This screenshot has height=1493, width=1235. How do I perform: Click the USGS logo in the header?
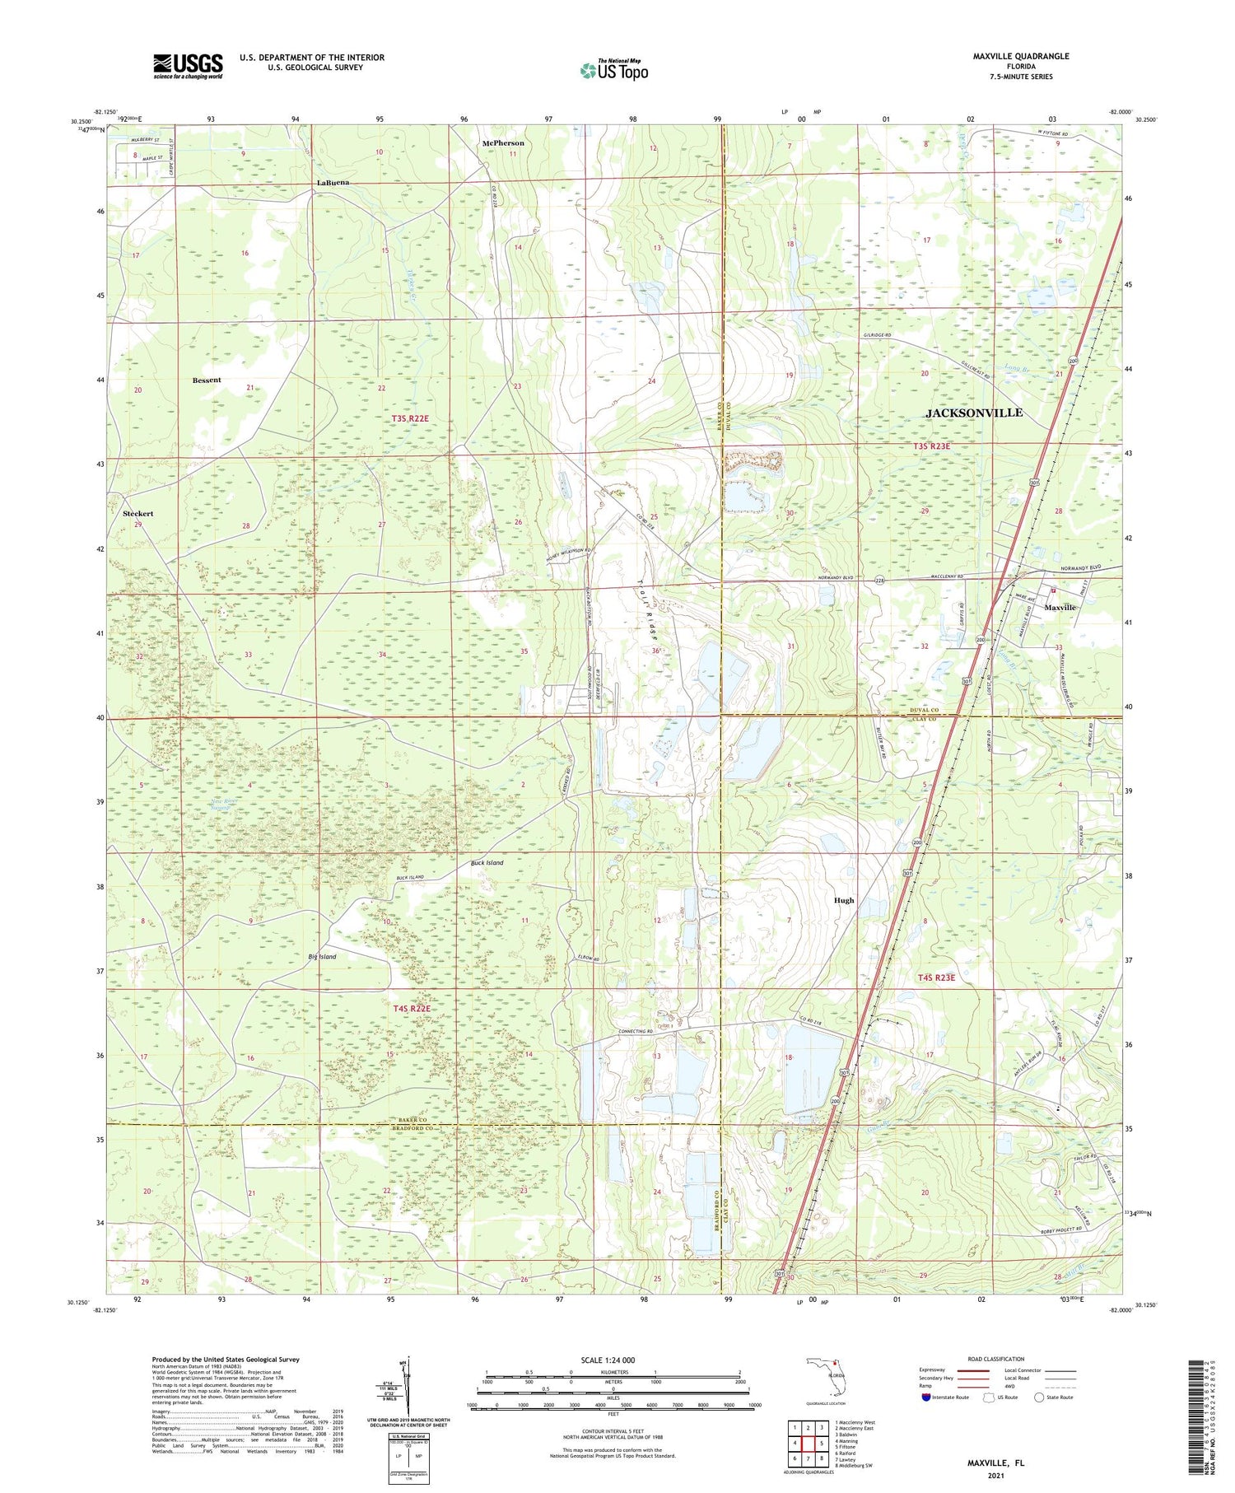tap(188, 66)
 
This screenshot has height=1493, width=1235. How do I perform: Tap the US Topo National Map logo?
tap(613, 71)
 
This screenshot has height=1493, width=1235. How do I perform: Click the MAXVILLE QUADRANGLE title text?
tap(1020, 56)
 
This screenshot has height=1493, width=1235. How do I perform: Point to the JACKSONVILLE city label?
tap(974, 413)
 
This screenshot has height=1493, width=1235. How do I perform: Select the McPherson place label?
tap(502, 143)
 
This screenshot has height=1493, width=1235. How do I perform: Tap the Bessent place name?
tap(207, 380)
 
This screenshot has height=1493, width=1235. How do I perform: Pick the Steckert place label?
tap(138, 513)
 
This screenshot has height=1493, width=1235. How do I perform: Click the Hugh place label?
tap(844, 900)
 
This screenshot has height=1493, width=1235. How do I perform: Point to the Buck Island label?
tap(487, 863)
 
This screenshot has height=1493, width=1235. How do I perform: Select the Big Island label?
tap(322, 957)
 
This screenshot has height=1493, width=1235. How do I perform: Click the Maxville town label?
tap(1060, 607)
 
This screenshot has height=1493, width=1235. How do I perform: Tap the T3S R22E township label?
tap(410, 418)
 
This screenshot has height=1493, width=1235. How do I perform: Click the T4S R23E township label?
tap(936, 977)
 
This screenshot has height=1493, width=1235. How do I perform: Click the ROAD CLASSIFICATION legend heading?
tap(996, 1359)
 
